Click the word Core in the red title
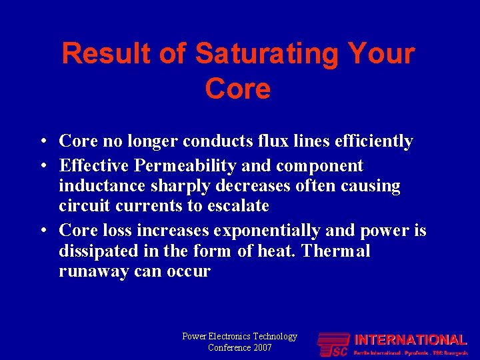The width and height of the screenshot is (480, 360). tap(238, 89)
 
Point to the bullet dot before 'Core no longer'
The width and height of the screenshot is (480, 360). tap(42, 142)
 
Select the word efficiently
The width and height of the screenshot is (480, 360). tap(377, 141)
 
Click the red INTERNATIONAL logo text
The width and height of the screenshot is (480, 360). tap(410, 340)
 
